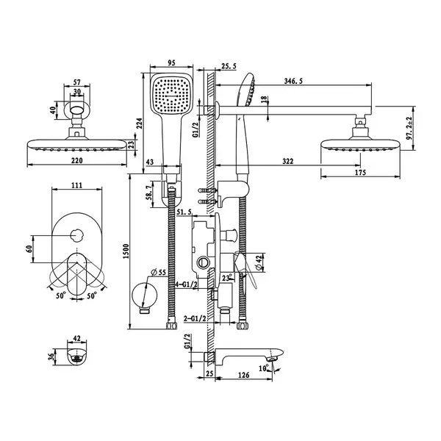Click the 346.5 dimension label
(293, 82)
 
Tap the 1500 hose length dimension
(126, 251)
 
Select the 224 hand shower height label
(140, 123)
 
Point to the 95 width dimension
(171, 62)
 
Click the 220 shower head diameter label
(76, 160)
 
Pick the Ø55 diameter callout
(158, 272)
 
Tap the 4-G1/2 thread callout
(187, 284)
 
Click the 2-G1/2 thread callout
(195, 319)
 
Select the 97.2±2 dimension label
(409, 128)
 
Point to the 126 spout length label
(243, 375)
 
